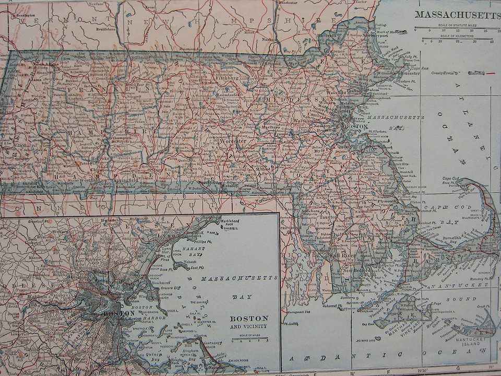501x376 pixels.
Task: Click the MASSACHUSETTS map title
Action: [x=457, y=15]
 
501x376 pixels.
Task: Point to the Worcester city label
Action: [x=233, y=141]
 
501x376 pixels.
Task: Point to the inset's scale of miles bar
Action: [x=249, y=339]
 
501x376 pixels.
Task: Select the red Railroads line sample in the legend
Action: [x=491, y=74]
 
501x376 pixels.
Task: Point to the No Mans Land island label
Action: [x=367, y=339]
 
